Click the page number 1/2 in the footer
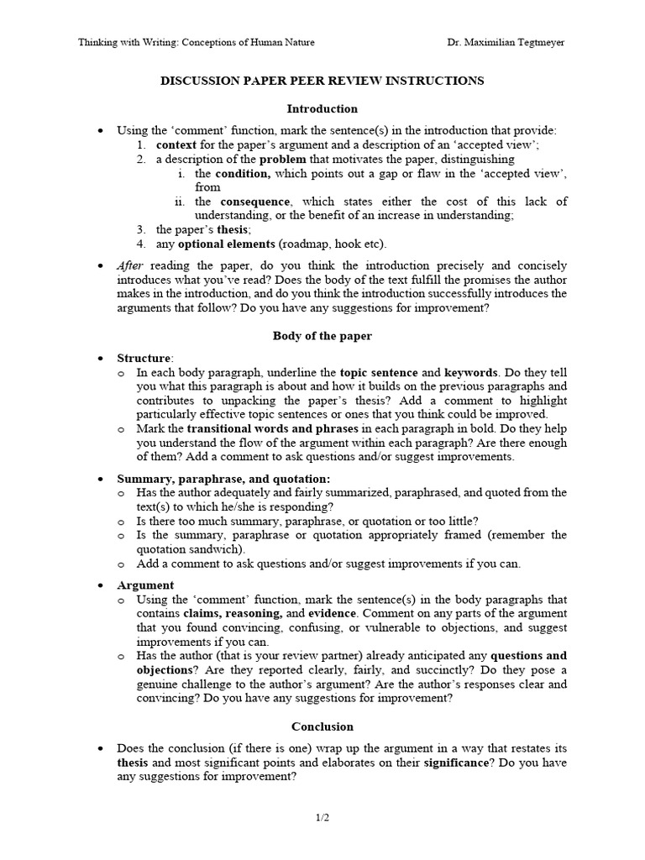(322, 816)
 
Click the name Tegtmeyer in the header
(535, 43)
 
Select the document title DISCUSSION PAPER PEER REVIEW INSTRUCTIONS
(322, 81)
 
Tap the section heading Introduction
(322, 108)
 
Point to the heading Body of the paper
(322, 336)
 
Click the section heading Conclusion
(322, 726)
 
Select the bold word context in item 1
(176, 144)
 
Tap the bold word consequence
(255, 202)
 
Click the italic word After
(130, 265)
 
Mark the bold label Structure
(144, 358)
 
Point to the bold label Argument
(145, 585)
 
